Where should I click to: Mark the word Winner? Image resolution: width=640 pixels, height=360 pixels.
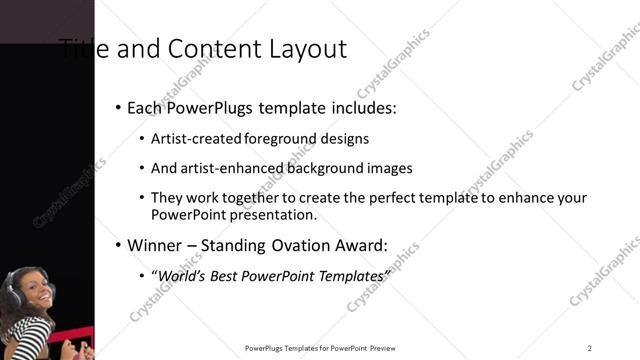click(153, 245)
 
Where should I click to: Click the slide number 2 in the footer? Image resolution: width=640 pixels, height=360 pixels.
click(589, 348)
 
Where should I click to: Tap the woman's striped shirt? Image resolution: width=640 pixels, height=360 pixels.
click(24, 335)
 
